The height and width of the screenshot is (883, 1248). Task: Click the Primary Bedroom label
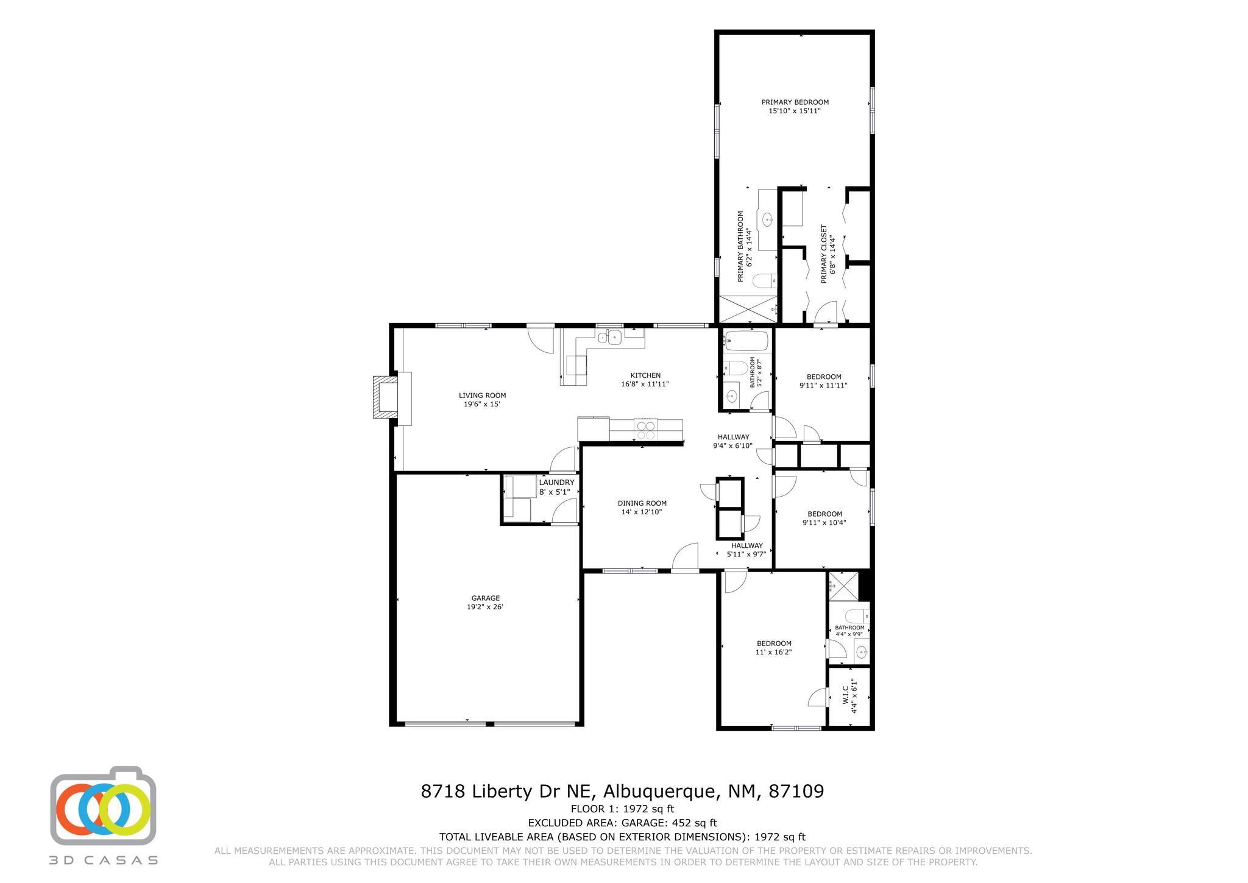pos(795,102)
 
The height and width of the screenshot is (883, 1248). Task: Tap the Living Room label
pos(482,395)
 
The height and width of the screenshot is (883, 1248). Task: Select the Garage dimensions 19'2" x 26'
pos(485,607)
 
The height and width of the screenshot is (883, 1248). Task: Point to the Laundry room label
pos(556,483)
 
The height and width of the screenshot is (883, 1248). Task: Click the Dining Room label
pos(642,503)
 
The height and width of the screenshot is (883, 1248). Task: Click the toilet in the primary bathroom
pos(763,281)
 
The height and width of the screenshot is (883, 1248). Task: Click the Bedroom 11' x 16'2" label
pos(774,644)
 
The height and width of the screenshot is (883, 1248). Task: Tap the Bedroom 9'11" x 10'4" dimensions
pos(824,522)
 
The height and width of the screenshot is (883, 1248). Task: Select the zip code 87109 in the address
pos(796,792)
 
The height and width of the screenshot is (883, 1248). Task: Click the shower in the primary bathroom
pos(748,309)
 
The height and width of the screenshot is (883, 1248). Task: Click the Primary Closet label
pos(824,254)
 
